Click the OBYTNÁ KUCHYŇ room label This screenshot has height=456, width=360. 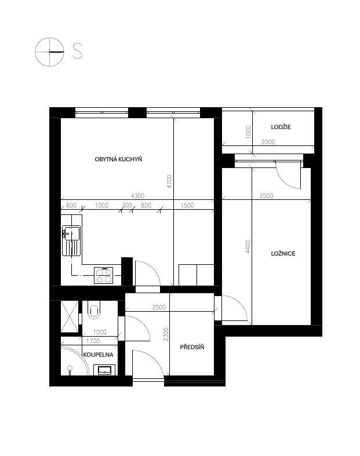coord(118,159)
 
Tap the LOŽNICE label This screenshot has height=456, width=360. coord(283,253)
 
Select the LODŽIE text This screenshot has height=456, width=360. coord(281,127)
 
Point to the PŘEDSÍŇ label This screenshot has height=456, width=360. coord(192,347)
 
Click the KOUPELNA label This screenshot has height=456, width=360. coord(99,355)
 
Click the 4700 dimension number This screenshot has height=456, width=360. coord(169,181)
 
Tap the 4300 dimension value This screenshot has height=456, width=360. coord(137,196)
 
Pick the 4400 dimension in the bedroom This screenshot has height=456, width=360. coord(248,246)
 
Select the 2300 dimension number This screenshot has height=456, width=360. coord(166,334)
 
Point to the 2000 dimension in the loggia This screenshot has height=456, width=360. coord(268,142)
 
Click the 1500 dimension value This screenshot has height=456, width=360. coord(187,205)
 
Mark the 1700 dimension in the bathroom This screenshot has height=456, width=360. coord(93,341)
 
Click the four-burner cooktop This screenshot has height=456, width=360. coord(104,275)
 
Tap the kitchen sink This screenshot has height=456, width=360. coord(71,240)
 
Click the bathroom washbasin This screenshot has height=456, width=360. coord(104,370)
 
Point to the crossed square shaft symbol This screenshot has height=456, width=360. coord(70,316)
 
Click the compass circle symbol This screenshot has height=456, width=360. coord(50,52)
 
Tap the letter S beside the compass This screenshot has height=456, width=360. coord(77,51)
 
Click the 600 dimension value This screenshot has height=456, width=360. coord(71,205)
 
